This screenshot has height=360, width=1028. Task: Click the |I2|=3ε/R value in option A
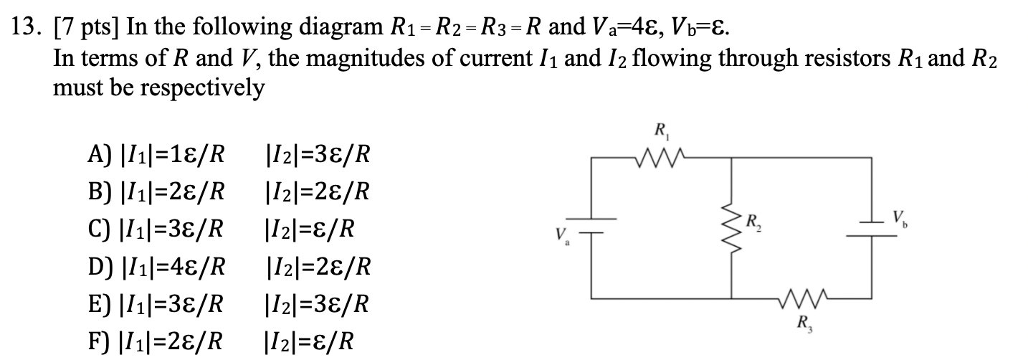(x=318, y=154)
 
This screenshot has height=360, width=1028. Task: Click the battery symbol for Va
(x=592, y=225)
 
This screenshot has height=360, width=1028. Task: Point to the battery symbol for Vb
(x=872, y=225)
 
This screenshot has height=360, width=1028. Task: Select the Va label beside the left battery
(x=561, y=235)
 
